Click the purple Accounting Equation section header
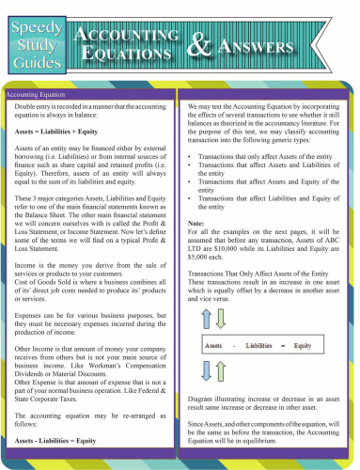[42, 94]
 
